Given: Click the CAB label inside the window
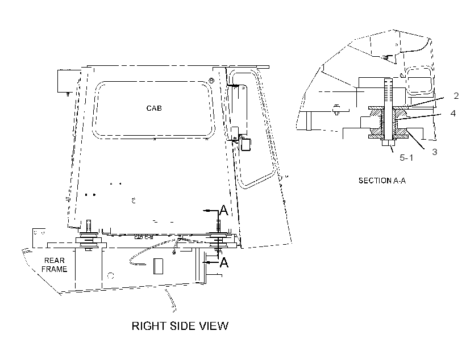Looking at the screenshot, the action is point(154,108).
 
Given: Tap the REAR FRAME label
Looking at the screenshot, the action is point(54,265).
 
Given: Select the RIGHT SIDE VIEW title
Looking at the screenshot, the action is point(180,326).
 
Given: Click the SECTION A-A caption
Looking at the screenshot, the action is point(382,181).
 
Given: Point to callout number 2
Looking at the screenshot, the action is point(456,95).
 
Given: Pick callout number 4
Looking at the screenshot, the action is point(453,113).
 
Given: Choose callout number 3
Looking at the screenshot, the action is point(435,152).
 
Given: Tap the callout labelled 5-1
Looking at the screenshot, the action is point(406,157).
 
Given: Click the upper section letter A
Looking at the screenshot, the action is point(223,210).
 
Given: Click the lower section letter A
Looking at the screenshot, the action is point(224,262).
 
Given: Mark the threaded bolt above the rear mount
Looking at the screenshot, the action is point(88,227).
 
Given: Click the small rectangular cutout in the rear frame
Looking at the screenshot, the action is point(158,266).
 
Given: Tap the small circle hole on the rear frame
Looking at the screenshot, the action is point(111,275).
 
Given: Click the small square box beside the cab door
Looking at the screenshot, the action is point(246,145).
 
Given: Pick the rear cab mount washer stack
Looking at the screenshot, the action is point(89,240).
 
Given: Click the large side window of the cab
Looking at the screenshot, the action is point(153,110).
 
